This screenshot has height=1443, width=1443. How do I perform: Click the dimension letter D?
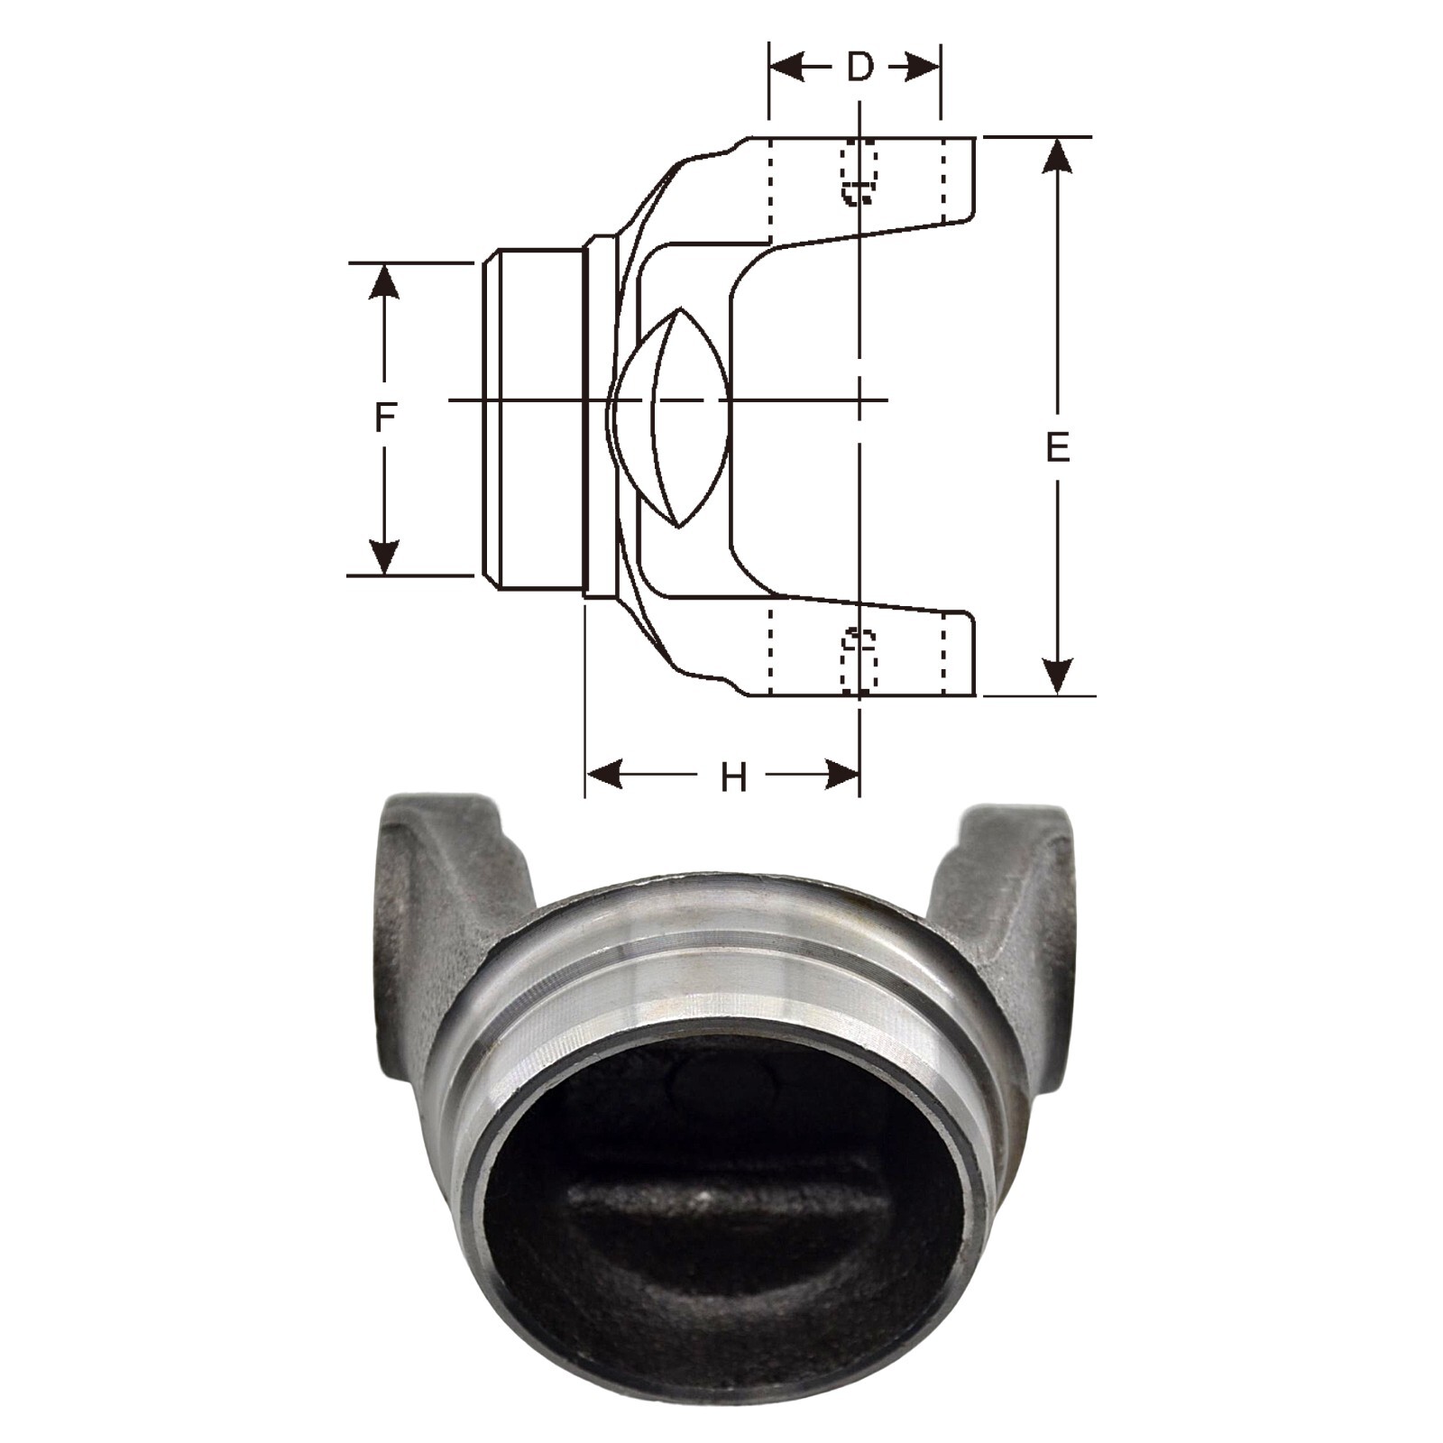[x=860, y=67]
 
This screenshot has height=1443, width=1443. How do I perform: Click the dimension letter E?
[x=1057, y=448]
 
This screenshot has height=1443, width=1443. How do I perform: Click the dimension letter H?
[x=734, y=777]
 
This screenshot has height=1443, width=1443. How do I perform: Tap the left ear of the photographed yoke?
[x=424, y=893]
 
